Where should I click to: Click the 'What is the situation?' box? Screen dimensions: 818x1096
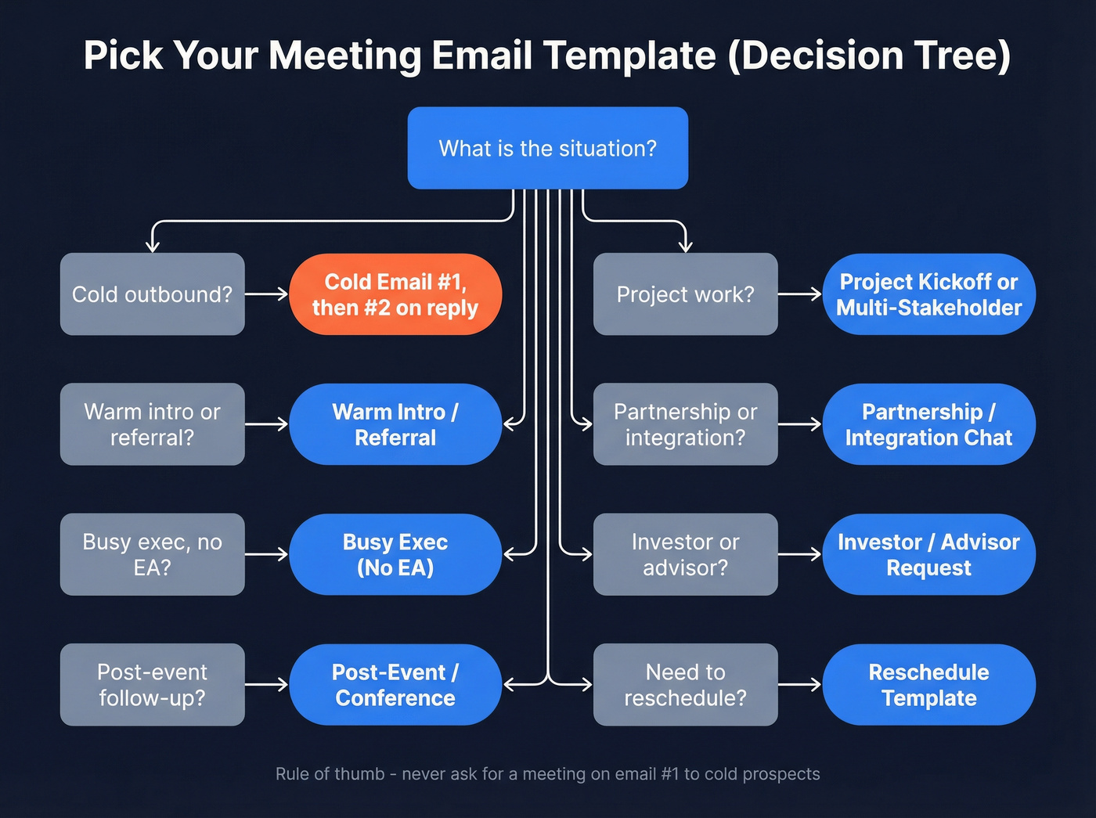point(547,148)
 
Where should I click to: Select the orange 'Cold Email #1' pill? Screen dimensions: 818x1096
point(395,294)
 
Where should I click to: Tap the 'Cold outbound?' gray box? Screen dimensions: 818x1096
point(152,294)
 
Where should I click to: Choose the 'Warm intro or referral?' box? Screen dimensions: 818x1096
point(152,424)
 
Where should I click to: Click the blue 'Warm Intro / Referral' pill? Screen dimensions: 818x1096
point(395,424)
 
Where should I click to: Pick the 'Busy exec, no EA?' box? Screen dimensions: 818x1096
point(152,554)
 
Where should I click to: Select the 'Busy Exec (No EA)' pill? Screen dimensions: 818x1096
point(395,554)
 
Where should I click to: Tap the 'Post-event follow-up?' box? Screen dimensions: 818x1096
point(152,684)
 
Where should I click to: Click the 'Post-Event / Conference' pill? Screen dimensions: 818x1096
point(395,684)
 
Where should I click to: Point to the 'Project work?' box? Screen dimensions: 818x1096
point(685,294)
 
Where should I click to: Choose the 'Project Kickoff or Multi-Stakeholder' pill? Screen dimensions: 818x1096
point(928,294)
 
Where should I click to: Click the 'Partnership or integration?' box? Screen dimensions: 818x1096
point(685,424)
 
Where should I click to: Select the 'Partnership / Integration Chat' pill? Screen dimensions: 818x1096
point(928,424)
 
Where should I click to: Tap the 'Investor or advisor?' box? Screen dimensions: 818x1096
point(685,554)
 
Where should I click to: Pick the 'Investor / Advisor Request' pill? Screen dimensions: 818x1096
point(928,554)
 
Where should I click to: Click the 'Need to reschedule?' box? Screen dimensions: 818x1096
point(685,684)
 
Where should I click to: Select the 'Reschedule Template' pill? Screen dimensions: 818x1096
point(928,684)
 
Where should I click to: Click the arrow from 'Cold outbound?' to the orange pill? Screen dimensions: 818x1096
point(267,294)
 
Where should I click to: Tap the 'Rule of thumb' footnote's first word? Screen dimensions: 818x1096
point(292,774)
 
